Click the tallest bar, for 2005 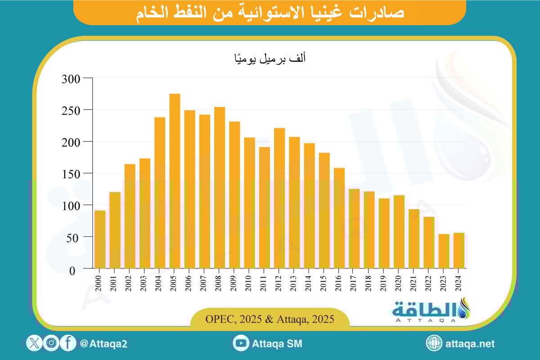pos(175,181)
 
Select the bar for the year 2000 pos(100,239)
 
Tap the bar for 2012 pos(279,198)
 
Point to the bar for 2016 pos(339,218)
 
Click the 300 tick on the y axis pos(71,79)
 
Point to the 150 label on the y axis pos(71,173)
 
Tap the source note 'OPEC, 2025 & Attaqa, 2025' pos(270,319)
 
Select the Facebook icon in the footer pos(68,344)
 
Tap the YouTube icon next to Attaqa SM pos(241,344)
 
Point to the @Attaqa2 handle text pos(103,344)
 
